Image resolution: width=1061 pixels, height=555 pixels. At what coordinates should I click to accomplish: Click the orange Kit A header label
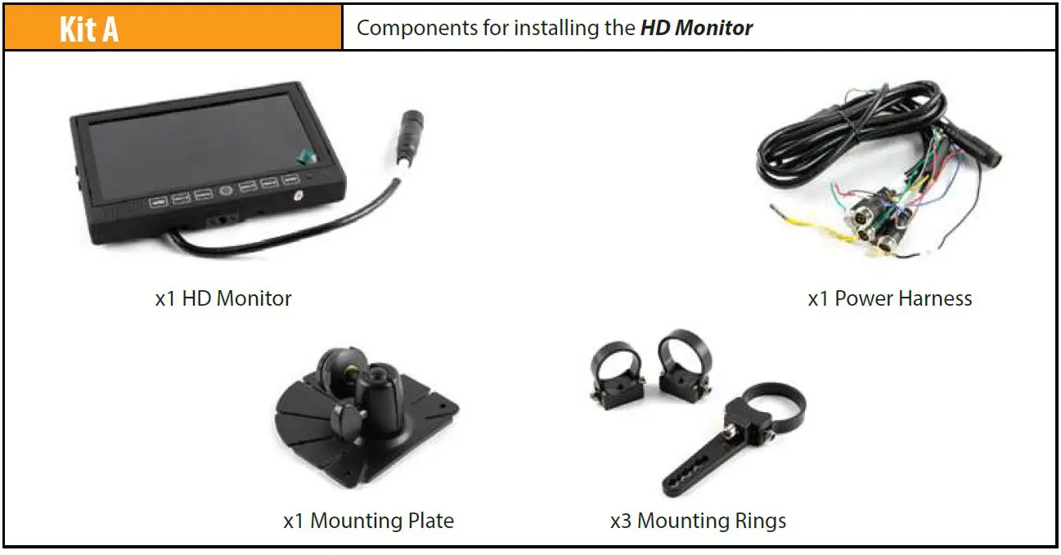point(89,29)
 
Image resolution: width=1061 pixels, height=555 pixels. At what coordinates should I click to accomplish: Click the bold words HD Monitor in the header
point(696,28)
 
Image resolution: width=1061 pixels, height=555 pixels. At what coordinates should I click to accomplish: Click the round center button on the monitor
point(226,190)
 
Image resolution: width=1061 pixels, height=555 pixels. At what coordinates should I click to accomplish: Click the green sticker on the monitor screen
point(304,154)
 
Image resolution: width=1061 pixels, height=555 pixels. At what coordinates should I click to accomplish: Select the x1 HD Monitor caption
point(223,298)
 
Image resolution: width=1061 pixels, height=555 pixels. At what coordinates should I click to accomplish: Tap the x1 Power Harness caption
point(890,298)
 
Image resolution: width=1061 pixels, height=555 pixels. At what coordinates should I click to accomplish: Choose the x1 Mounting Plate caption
point(368,521)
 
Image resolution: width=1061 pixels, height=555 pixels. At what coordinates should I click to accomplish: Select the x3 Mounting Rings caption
point(698,521)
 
